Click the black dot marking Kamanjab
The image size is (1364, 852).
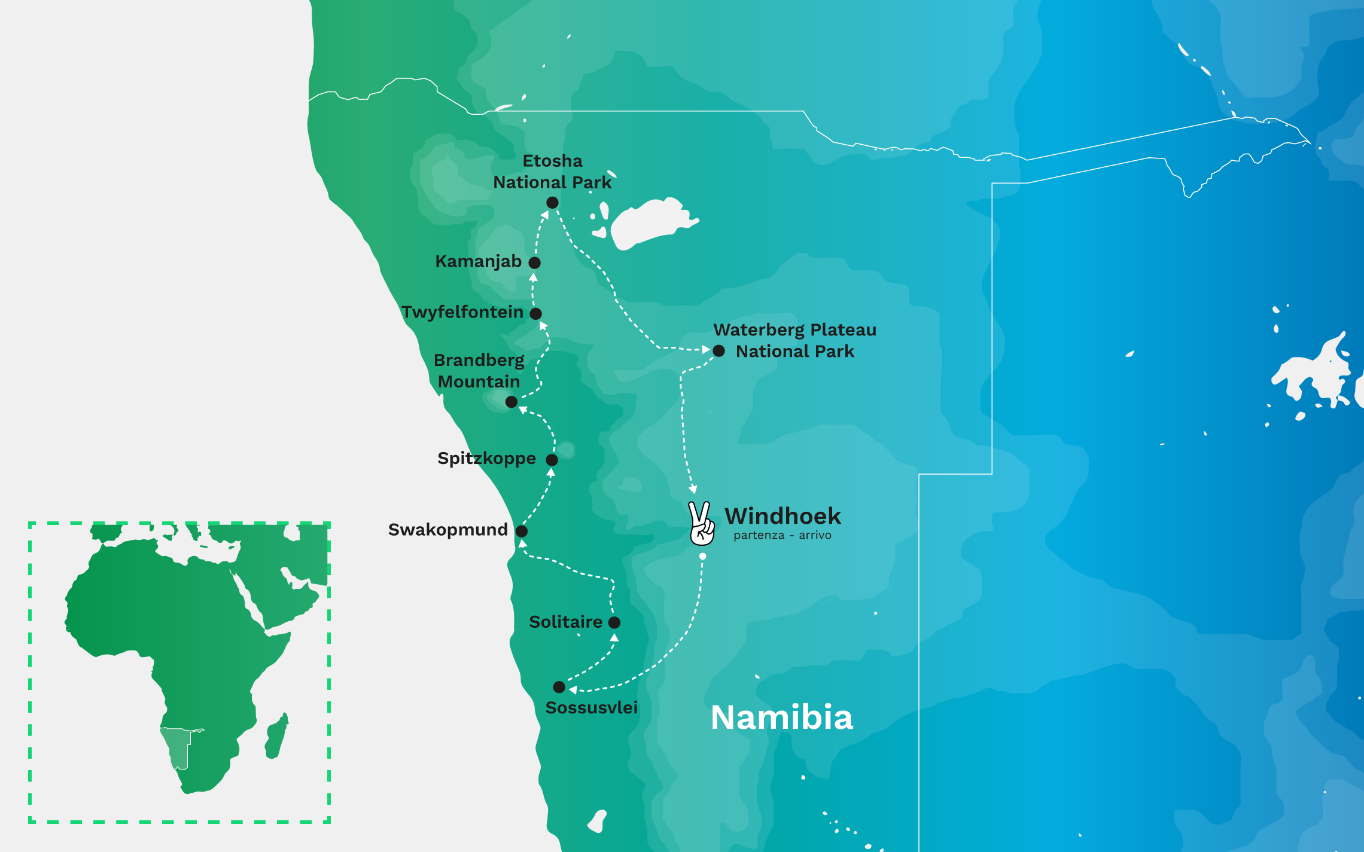(x=535, y=262)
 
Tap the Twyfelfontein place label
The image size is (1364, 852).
(x=462, y=312)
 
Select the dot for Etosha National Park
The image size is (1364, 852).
(x=552, y=203)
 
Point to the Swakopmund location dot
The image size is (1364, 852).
(x=522, y=531)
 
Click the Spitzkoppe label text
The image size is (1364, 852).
(x=486, y=459)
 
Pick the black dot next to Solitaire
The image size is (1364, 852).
(x=614, y=622)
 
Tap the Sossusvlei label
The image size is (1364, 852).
(x=591, y=708)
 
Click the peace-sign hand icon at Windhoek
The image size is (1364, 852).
(x=701, y=524)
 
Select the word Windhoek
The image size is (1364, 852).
(x=783, y=516)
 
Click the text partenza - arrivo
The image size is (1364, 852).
(x=783, y=536)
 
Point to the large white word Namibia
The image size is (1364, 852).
(x=781, y=717)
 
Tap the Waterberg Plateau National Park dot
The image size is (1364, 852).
(x=719, y=351)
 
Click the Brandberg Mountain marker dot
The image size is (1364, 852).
(x=511, y=402)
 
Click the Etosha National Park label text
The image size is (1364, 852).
(x=552, y=172)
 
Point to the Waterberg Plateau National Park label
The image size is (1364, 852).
(x=794, y=341)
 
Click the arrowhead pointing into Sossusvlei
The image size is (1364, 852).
(x=573, y=690)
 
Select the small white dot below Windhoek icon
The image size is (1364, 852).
(x=703, y=557)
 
